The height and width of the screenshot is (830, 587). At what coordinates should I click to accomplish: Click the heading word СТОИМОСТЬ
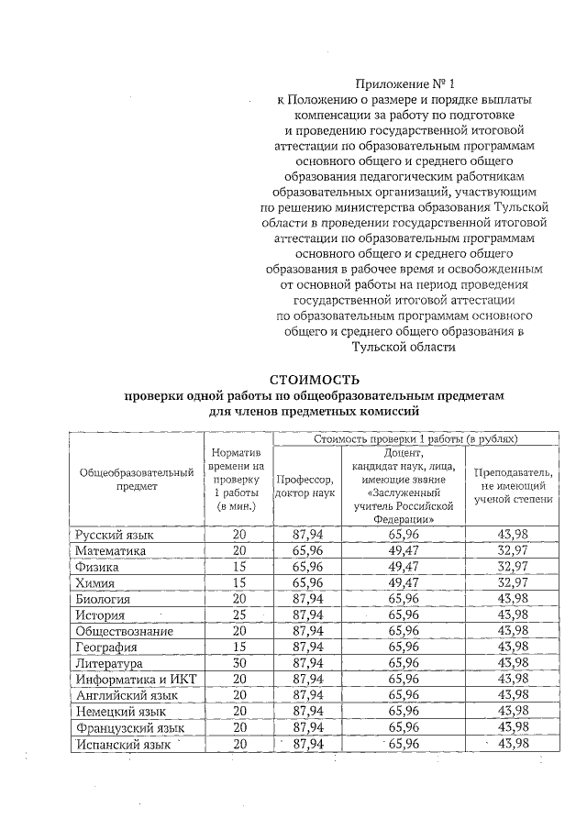315,379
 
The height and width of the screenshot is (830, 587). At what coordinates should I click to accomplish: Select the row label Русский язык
114,534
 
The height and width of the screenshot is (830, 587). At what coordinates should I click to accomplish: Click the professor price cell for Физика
309,567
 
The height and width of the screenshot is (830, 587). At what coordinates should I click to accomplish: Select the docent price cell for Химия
403,582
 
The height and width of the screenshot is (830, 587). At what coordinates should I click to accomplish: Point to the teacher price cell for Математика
513,550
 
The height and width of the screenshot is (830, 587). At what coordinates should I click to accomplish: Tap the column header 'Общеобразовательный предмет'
137,479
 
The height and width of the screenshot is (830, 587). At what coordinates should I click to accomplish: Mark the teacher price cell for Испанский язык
513,744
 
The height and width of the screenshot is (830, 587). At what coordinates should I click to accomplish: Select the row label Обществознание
126,631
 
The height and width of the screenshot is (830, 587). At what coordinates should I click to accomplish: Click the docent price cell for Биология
403,598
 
